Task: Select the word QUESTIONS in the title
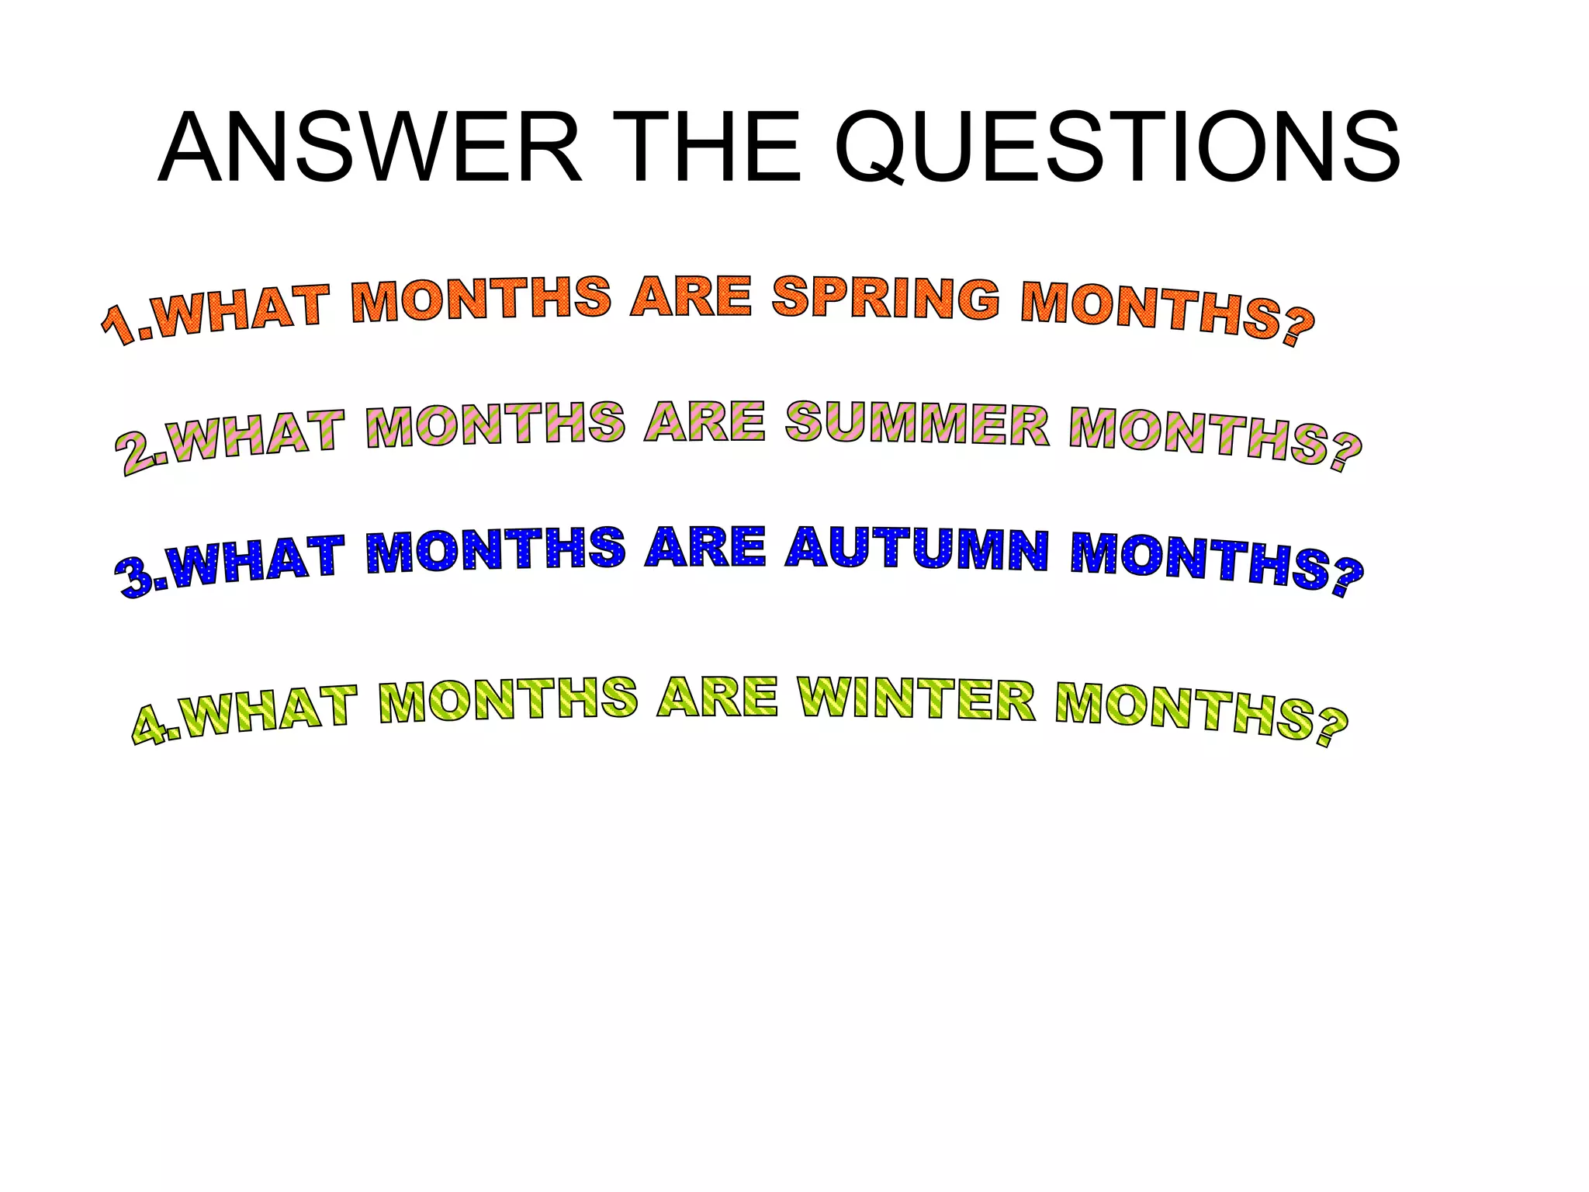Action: coord(1117,149)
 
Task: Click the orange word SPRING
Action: coord(885,298)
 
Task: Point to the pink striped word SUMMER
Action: coord(917,424)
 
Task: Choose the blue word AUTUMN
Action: coord(917,549)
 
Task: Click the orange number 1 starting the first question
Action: coord(120,326)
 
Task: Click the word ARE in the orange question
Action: coord(691,297)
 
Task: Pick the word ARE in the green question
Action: coord(716,698)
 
